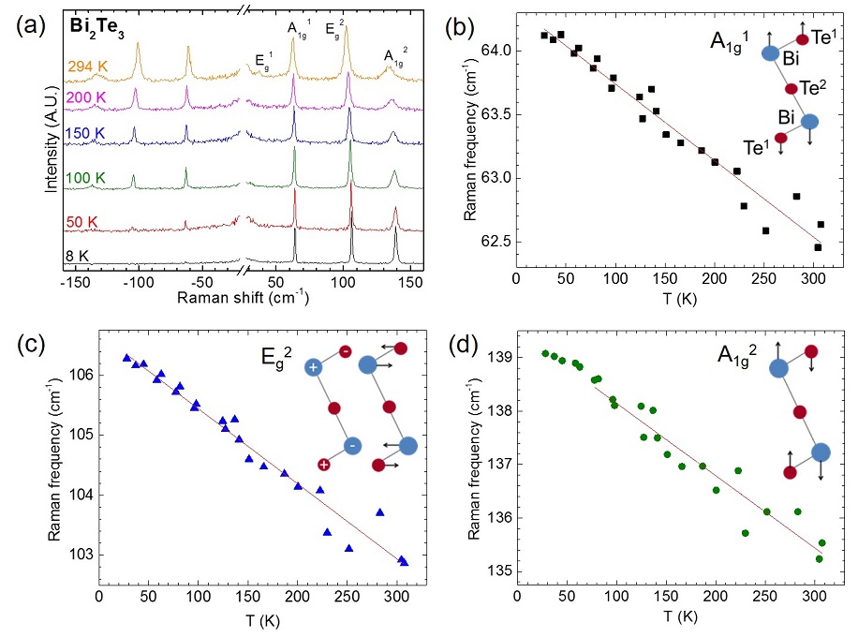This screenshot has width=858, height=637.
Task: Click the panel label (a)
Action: (x=28, y=24)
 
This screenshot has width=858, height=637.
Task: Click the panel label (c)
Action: (x=28, y=343)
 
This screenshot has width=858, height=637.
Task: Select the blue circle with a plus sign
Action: (x=313, y=367)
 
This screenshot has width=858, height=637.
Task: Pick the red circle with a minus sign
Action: (x=345, y=351)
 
